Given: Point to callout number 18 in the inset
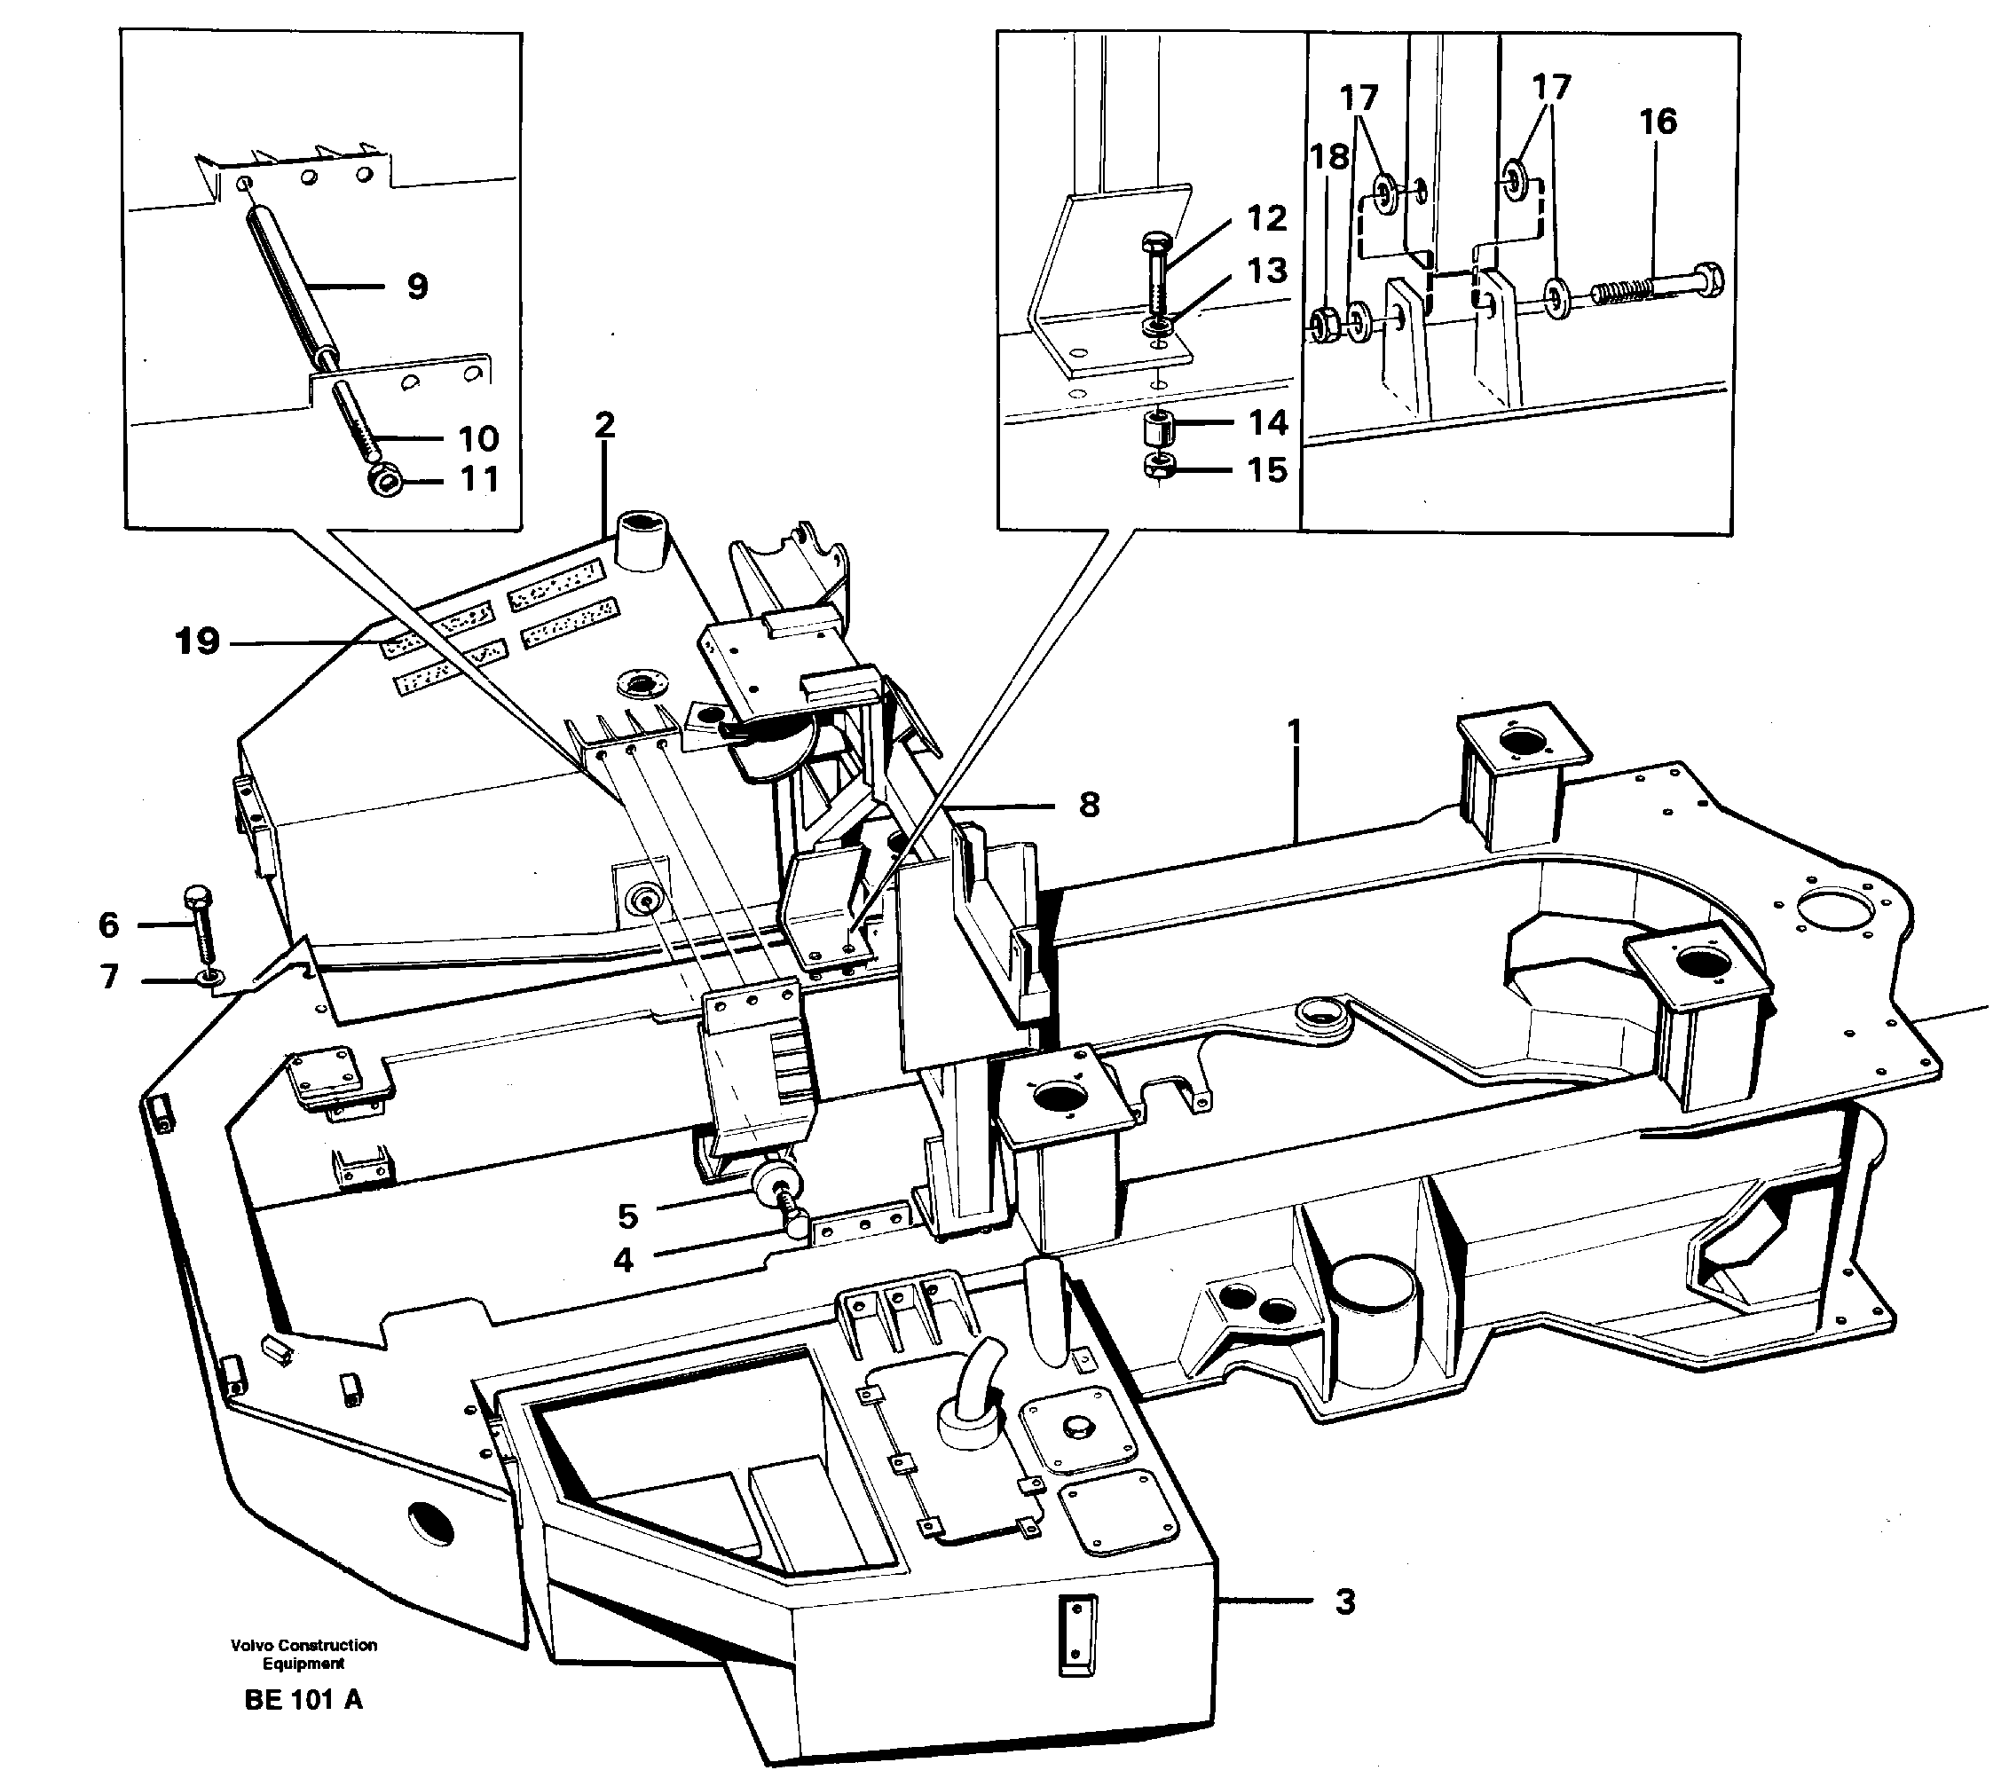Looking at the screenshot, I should (x=1330, y=155).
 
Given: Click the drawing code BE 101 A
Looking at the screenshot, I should (x=303, y=1700).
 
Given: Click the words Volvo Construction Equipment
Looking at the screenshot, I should (x=303, y=1655).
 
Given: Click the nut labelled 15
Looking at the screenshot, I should (x=1160, y=468).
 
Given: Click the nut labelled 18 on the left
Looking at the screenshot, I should (x=1323, y=325).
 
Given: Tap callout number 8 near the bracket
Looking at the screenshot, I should (x=1088, y=805).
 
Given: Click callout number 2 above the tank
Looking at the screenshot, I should (x=604, y=425).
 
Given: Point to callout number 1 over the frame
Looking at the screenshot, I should (x=1295, y=731).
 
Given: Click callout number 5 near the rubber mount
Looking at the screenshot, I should (x=627, y=1216).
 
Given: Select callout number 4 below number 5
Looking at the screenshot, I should (x=623, y=1260).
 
